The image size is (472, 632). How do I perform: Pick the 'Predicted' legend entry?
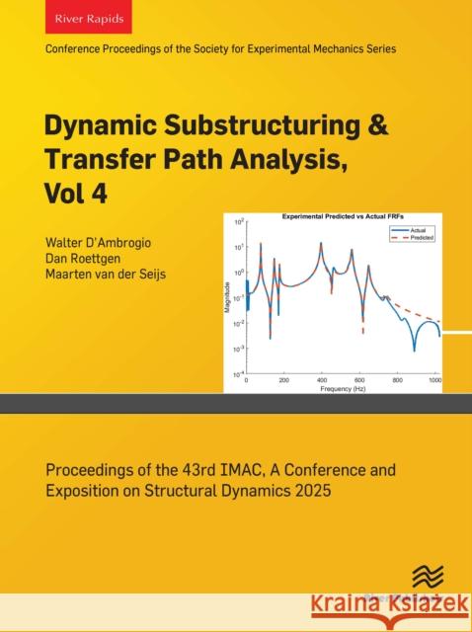[x=422, y=238]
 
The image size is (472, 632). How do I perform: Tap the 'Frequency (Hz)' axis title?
[x=343, y=388]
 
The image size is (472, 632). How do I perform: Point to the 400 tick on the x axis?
[x=321, y=379]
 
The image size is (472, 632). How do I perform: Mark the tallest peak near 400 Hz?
[x=321, y=243]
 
